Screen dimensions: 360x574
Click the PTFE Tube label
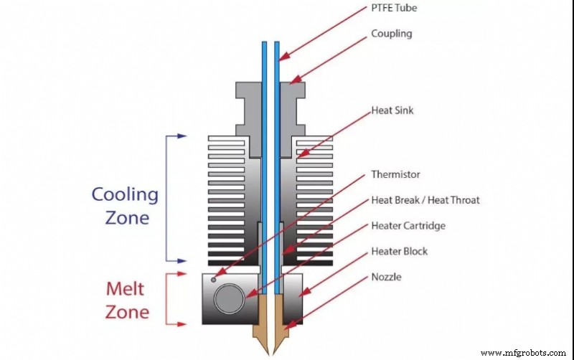(x=395, y=8)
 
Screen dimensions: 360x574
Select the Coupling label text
(x=392, y=34)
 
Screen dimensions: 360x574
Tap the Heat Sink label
(x=392, y=111)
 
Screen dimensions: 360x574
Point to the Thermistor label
(x=395, y=174)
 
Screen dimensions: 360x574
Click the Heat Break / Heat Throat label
(x=425, y=200)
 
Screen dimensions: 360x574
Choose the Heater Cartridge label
(x=408, y=226)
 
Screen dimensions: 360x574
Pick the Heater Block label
(x=400, y=252)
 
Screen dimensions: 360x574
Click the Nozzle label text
(x=387, y=277)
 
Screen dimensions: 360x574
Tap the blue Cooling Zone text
(x=124, y=206)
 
